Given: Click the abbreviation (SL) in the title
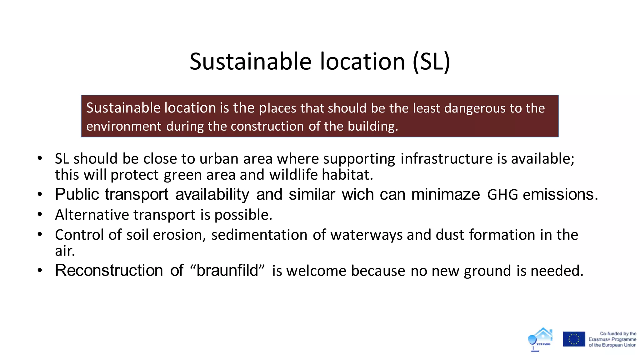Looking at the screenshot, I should [x=431, y=62].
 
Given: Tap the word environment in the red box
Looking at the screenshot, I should [x=124, y=126].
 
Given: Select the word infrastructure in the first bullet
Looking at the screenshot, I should [x=447, y=158].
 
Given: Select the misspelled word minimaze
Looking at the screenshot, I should [x=445, y=194].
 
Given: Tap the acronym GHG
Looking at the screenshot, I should [x=502, y=195].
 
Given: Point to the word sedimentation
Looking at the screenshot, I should [x=259, y=235].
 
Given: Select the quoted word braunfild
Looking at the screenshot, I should [x=227, y=270].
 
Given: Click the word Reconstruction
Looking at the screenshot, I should [x=109, y=270].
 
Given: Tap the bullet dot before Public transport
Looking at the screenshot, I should [x=40, y=195].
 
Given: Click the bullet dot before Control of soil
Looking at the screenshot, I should [x=40, y=235].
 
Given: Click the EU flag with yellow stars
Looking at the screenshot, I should [x=574, y=339].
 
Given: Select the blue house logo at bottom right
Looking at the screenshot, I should [x=541, y=339].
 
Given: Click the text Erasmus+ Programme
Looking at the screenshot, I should [x=612, y=339].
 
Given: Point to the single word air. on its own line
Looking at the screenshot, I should [x=65, y=251].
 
